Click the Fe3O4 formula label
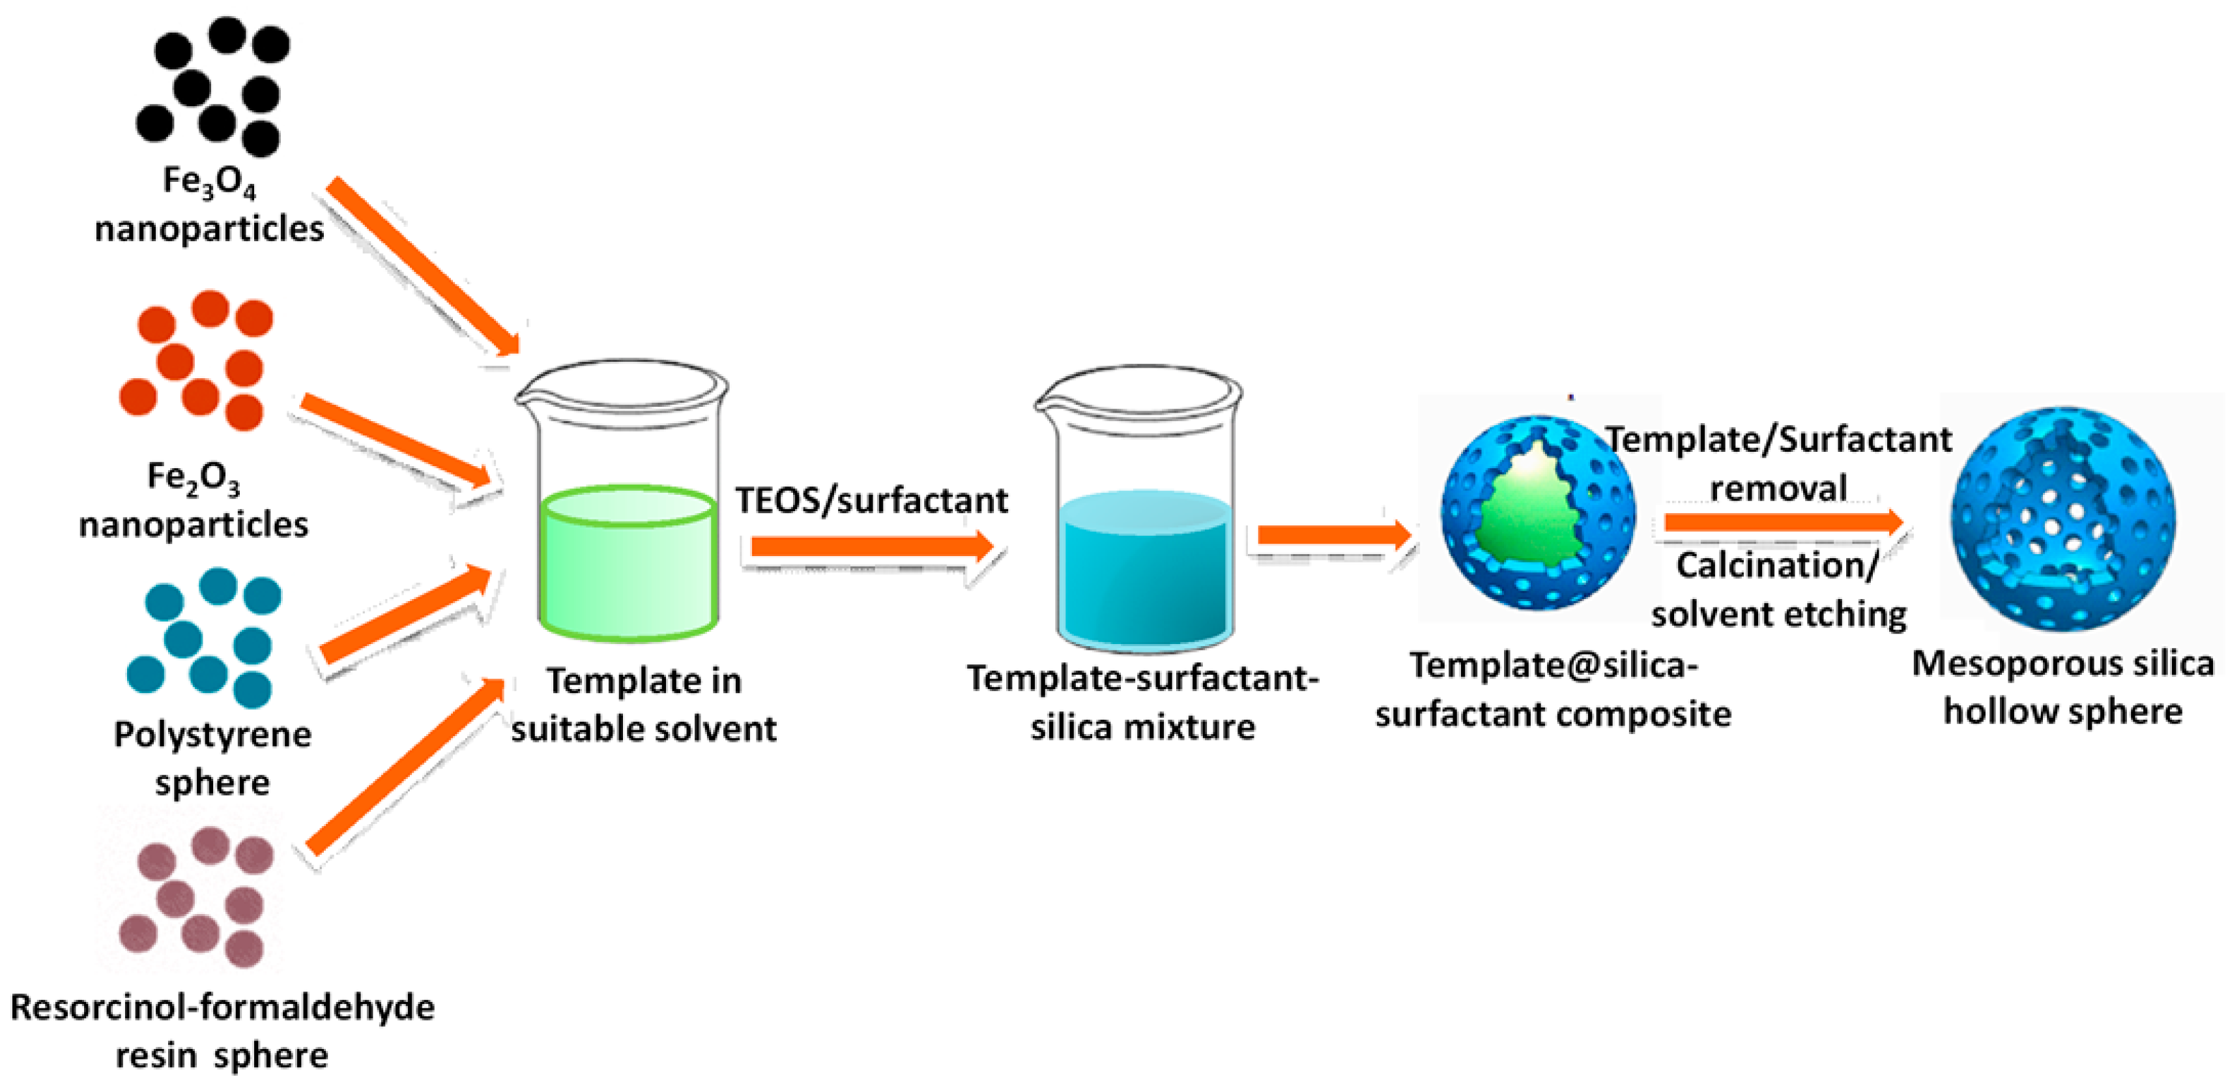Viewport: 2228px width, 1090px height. [209, 182]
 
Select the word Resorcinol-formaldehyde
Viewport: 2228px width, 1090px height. [222, 1008]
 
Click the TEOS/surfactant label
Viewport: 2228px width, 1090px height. [871, 500]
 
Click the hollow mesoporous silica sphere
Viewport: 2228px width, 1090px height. [2062, 519]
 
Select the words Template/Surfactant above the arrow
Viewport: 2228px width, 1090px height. [1779, 440]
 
